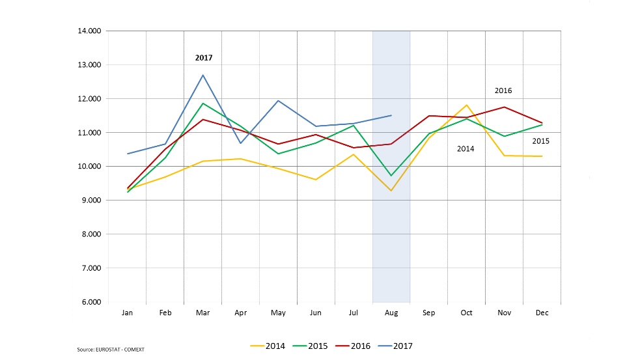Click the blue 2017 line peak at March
(x=203, y=75)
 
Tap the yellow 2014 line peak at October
(x=466, y=105)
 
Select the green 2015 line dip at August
(x=391, y=176)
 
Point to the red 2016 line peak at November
(x=505, y=107)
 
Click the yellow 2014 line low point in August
(x=391, y=190)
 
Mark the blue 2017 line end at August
(x=391, y=115)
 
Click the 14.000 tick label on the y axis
(x=89, y=31)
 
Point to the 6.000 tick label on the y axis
(x=90, y=302)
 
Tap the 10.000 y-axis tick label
(x=89, y=167)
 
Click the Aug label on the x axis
(x=391, y=313)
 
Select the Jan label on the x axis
(x=128, y=313)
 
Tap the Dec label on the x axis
(x=542, y=313)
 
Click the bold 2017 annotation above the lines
(x=204, y=58)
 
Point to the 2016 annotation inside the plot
(x=503, y=90)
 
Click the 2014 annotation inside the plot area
(x=466, y=149)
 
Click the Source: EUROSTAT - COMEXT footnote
(x=111, y=350)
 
